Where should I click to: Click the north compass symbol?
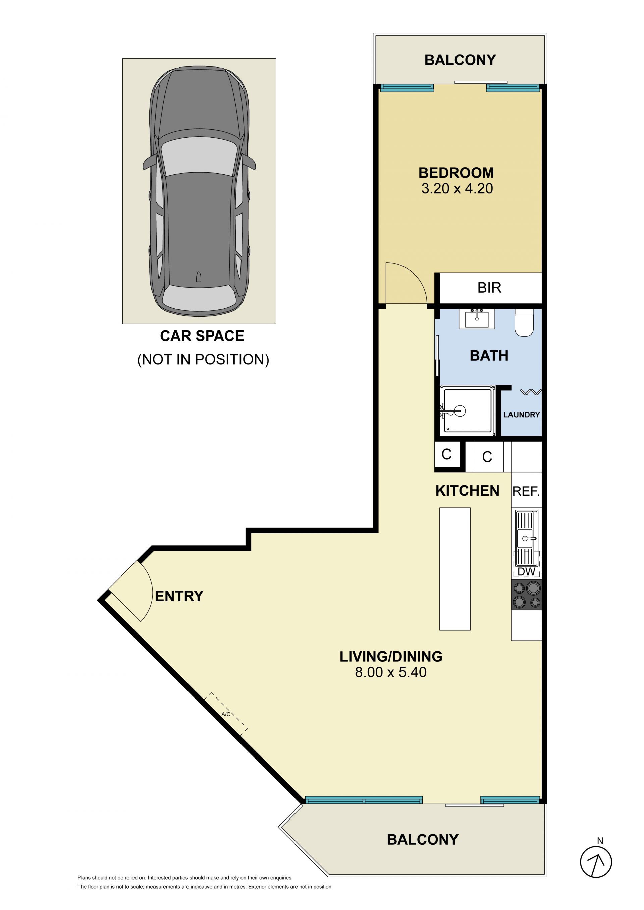[x=596, y=862]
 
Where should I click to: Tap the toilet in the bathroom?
[x=524, y=323]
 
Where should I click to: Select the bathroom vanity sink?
[x=477, y=319]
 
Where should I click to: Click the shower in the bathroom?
[x=468, y=411]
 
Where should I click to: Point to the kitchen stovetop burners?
[x=526, y=595]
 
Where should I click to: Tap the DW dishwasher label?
[x=526, y=572]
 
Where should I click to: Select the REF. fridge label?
[x=526, y=491]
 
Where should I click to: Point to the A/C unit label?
[x=226, y=714]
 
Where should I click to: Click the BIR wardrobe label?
[x=489, y=287]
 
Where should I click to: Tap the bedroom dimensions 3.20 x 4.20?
[x=457, y=188]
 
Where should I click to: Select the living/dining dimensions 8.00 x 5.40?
[x=391, y=672]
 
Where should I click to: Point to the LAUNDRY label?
[x=522, y=415]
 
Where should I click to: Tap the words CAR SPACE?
[x=202, y=336]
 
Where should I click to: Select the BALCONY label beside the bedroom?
[x=460, y=60]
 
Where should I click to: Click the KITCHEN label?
[x=467, y=491]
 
